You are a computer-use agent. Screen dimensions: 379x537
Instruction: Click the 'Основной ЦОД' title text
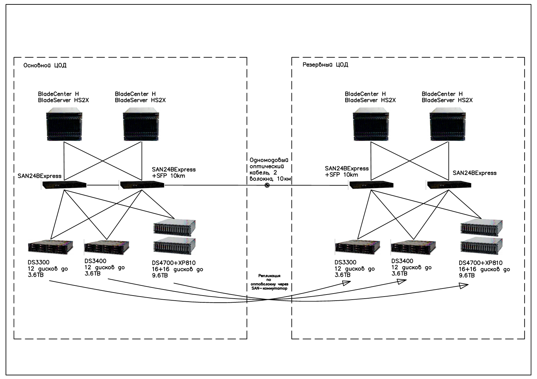click(x=45, y=65)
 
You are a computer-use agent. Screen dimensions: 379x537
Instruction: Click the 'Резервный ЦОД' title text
click(x=325, y=65)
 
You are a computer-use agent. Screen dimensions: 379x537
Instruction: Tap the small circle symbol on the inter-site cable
click(x=267, y=185)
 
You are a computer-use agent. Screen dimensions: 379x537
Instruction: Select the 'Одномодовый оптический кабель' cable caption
click(x=271, y=169)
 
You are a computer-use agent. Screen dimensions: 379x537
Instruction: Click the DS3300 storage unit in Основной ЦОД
click(x=51, y=247)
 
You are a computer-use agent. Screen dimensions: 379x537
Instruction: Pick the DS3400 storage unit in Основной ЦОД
click(x=107, y=247)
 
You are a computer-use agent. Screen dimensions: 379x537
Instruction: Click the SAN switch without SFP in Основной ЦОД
click(x=64, y=185)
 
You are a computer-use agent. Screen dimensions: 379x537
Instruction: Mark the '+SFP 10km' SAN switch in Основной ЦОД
click(x=142, y=185)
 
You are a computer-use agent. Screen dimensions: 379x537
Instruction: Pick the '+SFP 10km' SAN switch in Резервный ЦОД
click(x=371, y=185)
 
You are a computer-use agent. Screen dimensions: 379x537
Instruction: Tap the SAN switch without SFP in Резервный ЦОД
click(x=449, y=185)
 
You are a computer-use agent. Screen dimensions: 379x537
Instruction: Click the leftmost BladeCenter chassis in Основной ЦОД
click(x=64, y=124)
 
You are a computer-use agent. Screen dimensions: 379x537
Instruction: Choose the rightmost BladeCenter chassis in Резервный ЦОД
click(x=448, y=124)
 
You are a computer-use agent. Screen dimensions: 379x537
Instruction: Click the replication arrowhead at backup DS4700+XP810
click(x=464, y=286)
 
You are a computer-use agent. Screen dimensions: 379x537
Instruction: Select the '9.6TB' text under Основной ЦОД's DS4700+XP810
click(x=160, y=275)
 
